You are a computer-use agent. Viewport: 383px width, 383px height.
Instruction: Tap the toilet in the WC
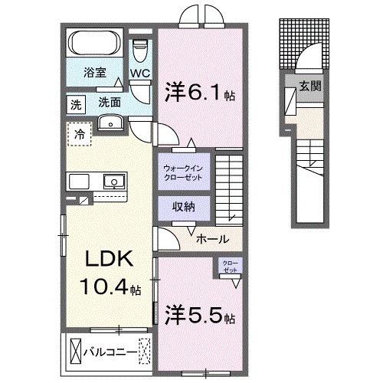coord(139,51)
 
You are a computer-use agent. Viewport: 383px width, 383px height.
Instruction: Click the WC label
coord(139,74)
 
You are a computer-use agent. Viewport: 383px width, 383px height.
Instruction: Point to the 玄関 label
coord(309,87)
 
